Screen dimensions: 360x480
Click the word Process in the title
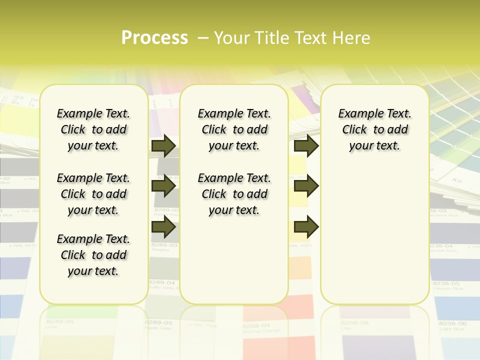pyautogui.click(x=154, y=37)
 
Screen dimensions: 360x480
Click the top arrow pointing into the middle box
pyautogui.click(x=163, y=145)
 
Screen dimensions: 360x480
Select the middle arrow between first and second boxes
pyautogui.click(x=163, y=186)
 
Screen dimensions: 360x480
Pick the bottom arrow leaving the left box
pyautogui.click(x=163, y=227)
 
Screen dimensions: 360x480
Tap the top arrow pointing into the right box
pyautogui.click(x=306, y=145)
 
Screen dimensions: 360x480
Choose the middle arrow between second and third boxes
pyautogui.click(x=306, y=186)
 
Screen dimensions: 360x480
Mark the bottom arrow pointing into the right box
pyautogui.click(x=306, y=227)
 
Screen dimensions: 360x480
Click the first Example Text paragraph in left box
pyautogui.click(x=93, y=129)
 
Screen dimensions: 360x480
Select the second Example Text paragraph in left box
pyautogui.click(x=93, y=194)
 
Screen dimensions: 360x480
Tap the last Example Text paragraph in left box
pyautogui.click(x=93, y=255)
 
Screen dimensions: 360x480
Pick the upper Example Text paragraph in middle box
pyautogui.click(x=234, y=129)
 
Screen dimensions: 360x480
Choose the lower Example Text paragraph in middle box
pyautogui.click(x=234, y=194)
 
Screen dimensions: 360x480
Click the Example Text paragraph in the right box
pyautogui.click(x=374, y=129)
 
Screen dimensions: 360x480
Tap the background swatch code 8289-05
pyautogui.click(x=158, y=323)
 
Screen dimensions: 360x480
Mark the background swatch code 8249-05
pyautogui.click(x=59, y=321)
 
